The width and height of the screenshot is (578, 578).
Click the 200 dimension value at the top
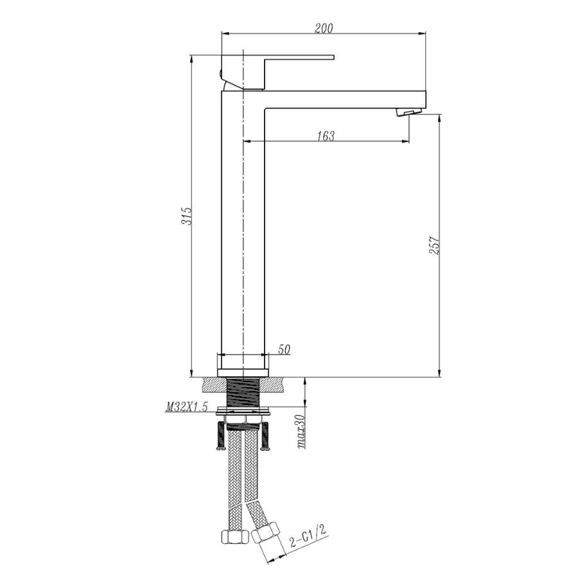324,28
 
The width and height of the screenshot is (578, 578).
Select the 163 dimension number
326,136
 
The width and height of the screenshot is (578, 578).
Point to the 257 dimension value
434,247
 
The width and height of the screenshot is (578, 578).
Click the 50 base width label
284,349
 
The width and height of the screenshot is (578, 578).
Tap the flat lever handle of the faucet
299,58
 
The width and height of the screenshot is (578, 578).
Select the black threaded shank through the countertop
243,392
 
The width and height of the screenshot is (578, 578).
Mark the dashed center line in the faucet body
243,225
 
